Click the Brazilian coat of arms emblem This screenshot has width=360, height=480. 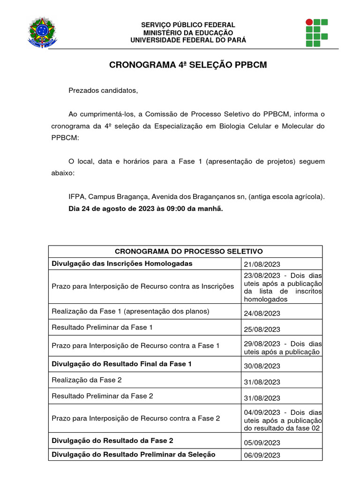(x=42, y=32)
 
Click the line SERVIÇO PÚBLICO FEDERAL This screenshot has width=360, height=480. (x=188, y=25)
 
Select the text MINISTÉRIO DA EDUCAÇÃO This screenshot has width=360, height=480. (x=188, y=32)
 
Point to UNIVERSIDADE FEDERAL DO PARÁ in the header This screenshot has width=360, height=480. (x=188, y=40)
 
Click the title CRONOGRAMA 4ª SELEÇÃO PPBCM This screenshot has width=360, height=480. (x=188, y=65)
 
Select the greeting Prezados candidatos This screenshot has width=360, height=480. (x=104, y=90)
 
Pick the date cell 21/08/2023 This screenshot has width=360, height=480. (x=262, y=264)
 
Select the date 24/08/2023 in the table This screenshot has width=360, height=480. (x=262, y=313)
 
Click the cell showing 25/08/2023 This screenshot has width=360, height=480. (x=262, y=329)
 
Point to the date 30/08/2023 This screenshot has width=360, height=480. (x=262, y=366)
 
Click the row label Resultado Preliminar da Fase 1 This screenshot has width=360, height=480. (x=102, y=327)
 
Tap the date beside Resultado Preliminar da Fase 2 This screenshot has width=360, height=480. (x=262, y=398)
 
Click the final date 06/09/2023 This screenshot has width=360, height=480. (x=262, y=455)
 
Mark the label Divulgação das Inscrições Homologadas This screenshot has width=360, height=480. (x=122, y=263)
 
